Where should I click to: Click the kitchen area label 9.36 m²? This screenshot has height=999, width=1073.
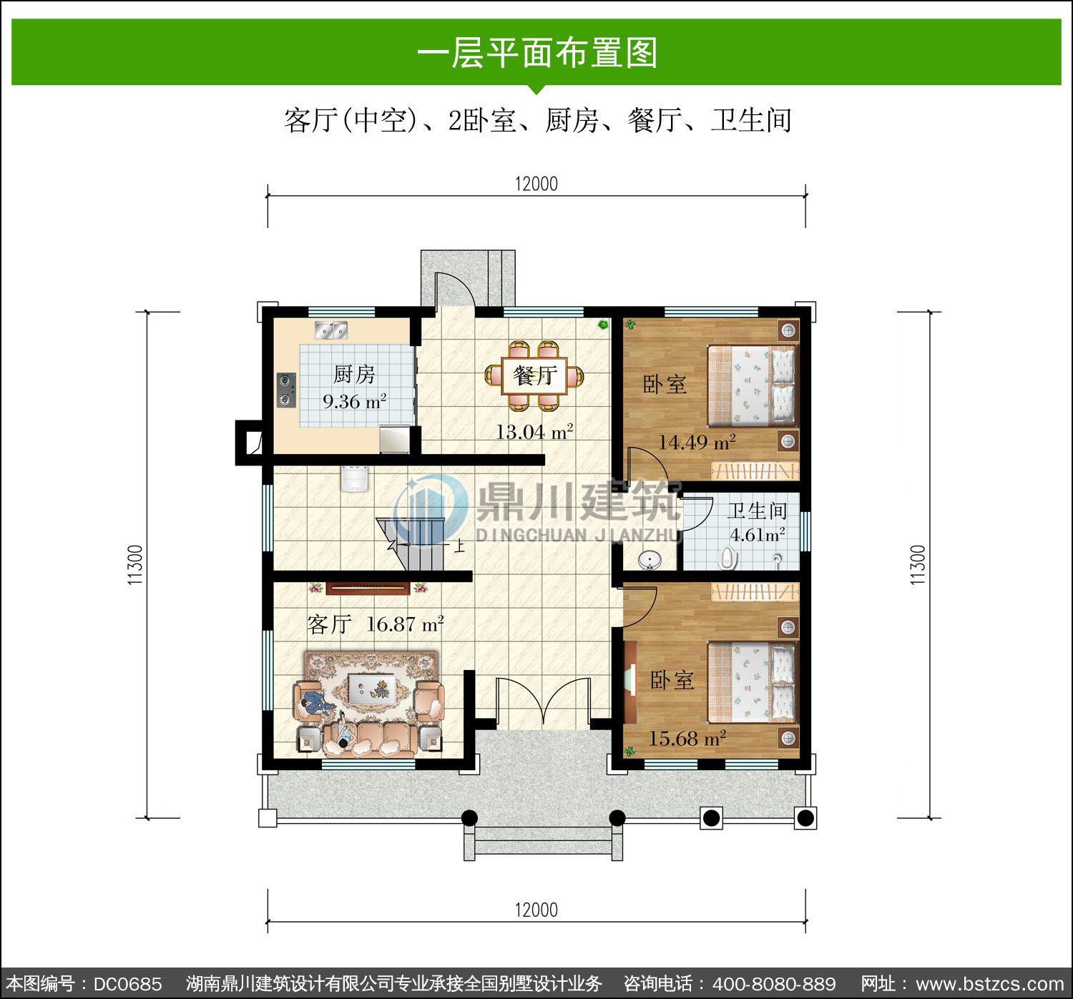pyautogui.click(x=354, y=401)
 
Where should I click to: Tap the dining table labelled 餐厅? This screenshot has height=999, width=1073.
pyautogui.click(x=534, y=375)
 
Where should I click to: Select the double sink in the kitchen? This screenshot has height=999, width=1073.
pyautogui.click(x=331, y=330)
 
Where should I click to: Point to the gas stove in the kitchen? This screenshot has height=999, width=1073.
pyautogui.click(x=286, y=390)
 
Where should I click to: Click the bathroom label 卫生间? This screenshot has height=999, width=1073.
pyautogui.click(x=756, y=511)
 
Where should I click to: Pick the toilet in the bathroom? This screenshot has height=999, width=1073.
pyautogui.click(x=727, y=558)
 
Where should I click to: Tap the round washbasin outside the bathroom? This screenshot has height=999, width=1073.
pyautogui.click(x=650, y=560)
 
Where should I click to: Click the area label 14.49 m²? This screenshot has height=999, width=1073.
pyautogui.click(x=697, y=443)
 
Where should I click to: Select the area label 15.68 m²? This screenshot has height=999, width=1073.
pyautogui.click(x=687, y=739)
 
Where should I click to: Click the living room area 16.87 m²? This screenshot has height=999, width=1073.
pyautogui.click(x=405, y=624)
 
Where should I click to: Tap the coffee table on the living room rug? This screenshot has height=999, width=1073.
pyautogui.click(x=372, y=689)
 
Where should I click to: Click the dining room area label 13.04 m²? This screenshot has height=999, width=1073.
pyautogui.click(x=534, y=432)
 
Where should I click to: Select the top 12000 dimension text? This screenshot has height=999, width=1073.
pyautogui.click(x=536, y=184)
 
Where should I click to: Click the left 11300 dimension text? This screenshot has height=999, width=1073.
pyautogui.click(x=135, y=565)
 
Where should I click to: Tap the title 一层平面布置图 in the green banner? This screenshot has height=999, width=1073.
pyautogui.click(x=537, y=53)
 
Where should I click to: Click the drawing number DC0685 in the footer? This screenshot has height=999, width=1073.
pyautogui.click(x=127, y=984)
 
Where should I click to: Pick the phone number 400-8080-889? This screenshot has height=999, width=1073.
pyautogui.click(x=774, y=984)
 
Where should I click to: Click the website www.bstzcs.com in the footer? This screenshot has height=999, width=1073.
pyautogui.click(x=990, y=984)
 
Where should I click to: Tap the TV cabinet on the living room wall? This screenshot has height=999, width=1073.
pyautogui.click(x=368, y=589)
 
